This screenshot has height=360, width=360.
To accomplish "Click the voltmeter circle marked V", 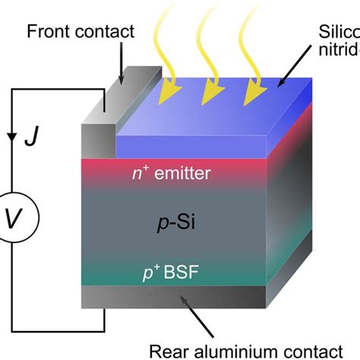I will tap(13, 219).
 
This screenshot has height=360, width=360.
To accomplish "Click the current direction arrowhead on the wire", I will tap(11, 137).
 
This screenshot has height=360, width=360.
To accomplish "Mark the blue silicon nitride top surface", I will tap(228, 110).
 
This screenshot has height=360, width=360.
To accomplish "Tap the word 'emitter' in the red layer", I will tap(182, 174).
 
